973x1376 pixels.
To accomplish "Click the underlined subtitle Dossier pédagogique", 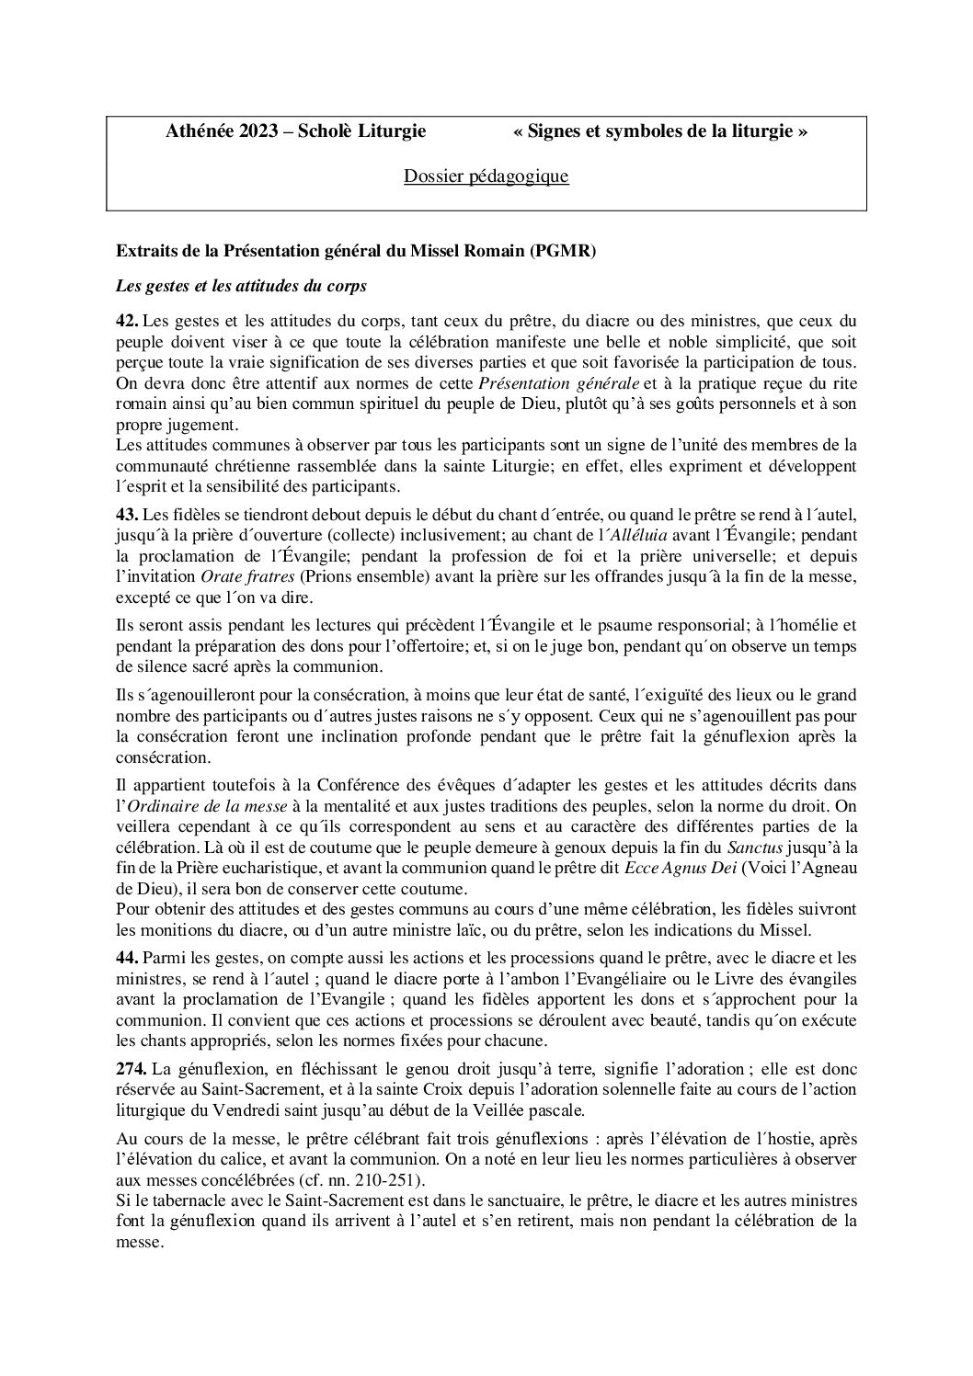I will pyautogui.click(x=486, y=176).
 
